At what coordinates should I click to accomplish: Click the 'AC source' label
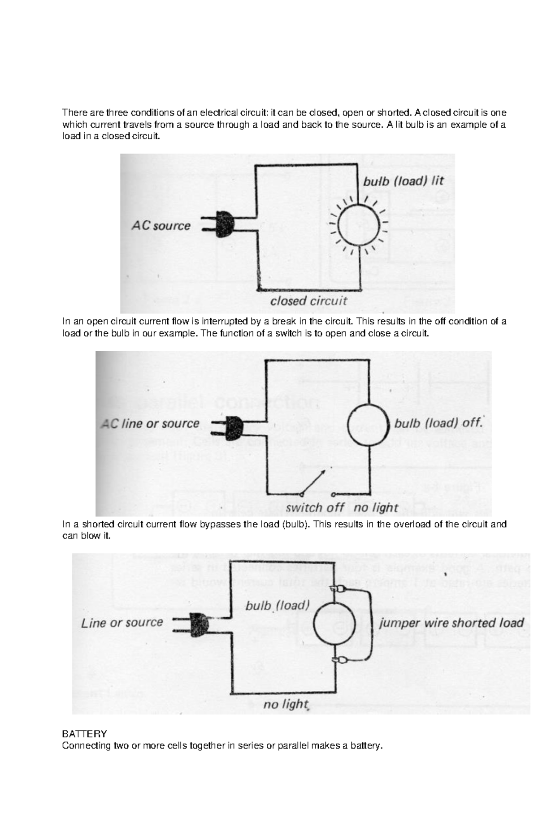161,226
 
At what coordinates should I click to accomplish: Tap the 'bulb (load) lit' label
403,181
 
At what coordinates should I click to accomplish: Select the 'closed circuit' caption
308,301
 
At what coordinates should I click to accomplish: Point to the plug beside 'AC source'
221,224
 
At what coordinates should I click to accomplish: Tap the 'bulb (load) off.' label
438,423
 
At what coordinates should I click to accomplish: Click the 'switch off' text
315,508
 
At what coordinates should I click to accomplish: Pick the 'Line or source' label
122,623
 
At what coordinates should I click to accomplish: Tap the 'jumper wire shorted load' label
451,623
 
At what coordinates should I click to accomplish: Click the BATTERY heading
84,734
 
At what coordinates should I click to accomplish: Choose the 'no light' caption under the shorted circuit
286,705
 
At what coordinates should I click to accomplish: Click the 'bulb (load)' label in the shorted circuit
278,606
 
